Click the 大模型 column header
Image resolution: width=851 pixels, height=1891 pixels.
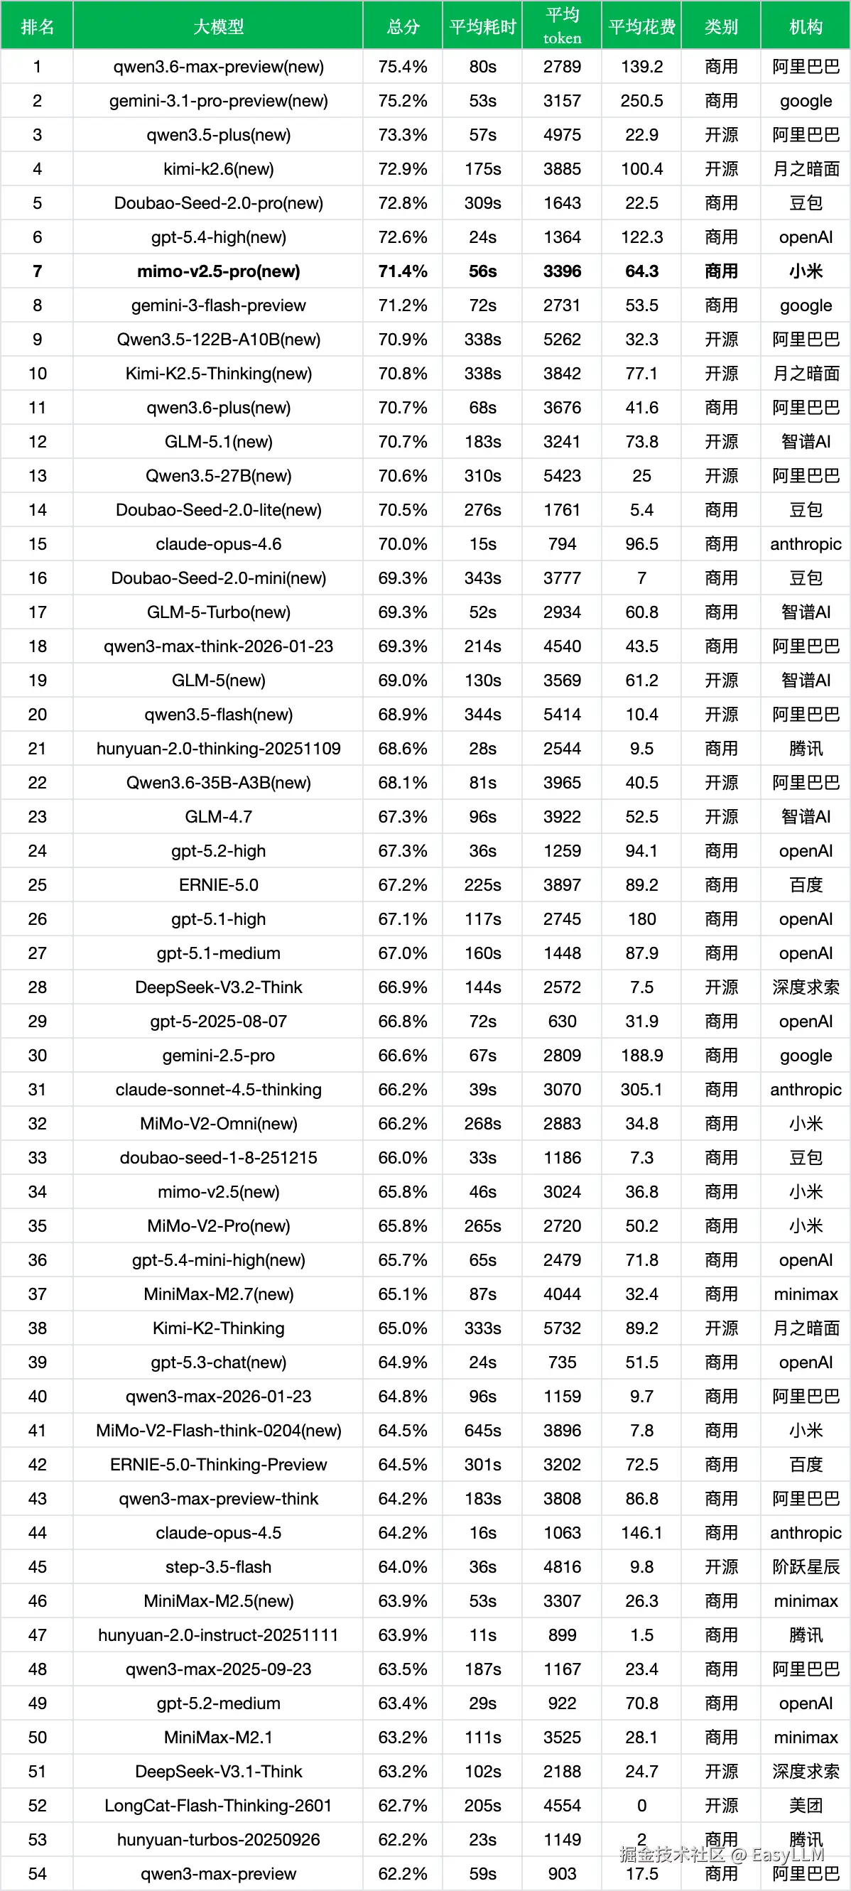point(218,27)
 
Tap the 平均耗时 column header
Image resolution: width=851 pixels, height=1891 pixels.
point(482,27)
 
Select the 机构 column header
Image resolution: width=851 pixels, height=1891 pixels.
point(806,27)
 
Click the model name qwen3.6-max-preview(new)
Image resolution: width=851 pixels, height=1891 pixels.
point(218,67)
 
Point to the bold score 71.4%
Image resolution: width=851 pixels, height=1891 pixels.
point(402,271)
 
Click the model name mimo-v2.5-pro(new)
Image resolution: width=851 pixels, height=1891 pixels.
point(218,271)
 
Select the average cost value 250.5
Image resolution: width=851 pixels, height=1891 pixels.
point(641,101)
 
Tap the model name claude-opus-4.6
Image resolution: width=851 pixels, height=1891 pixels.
point(218,544)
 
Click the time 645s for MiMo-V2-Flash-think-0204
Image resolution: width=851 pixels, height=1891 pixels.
point(482,1430)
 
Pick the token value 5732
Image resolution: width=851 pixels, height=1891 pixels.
point(562,1328)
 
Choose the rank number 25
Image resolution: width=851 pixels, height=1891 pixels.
point(38,884)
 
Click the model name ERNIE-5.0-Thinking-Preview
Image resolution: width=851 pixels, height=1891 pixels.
point(218,1465)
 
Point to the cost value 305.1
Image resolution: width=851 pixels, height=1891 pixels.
point(641,1090)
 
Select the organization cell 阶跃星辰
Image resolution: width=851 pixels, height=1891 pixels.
point(806,1566)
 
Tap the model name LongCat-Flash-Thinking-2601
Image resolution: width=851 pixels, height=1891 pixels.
point(218,1805)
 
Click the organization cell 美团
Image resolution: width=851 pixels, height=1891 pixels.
point(806,1805)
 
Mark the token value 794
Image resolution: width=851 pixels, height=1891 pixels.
point(562,544)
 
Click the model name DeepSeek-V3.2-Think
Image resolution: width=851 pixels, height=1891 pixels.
point(218,987)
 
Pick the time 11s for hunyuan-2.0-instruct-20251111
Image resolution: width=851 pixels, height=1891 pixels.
point(482,1635)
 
